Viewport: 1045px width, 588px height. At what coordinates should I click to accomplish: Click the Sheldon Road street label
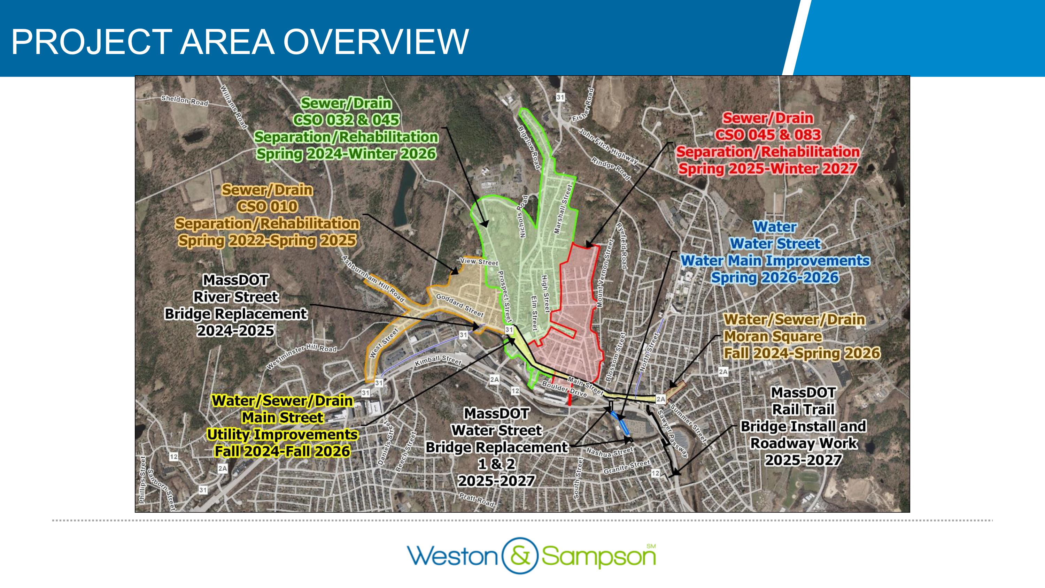185,100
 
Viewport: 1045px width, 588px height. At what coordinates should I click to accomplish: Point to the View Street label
479,262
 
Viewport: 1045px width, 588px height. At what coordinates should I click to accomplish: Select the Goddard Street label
459,305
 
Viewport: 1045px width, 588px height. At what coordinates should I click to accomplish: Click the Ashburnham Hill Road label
373,279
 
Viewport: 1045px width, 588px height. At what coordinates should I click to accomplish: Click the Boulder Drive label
564,389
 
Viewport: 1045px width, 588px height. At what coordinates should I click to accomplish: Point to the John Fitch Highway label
608,146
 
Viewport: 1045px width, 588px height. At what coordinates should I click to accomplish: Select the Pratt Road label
476,499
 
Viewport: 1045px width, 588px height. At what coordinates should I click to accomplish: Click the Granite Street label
626,467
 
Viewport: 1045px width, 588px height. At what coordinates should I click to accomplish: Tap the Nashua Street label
609,452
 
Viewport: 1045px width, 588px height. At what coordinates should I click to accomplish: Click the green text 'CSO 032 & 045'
346,120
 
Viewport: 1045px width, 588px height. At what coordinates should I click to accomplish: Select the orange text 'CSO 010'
267,207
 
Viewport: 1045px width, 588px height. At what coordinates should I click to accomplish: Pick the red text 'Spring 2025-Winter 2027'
767,169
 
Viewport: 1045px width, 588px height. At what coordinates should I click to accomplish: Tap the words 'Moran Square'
773,336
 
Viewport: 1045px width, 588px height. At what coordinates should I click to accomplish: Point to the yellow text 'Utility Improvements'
282,435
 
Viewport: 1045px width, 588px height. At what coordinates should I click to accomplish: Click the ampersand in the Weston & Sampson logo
520,556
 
